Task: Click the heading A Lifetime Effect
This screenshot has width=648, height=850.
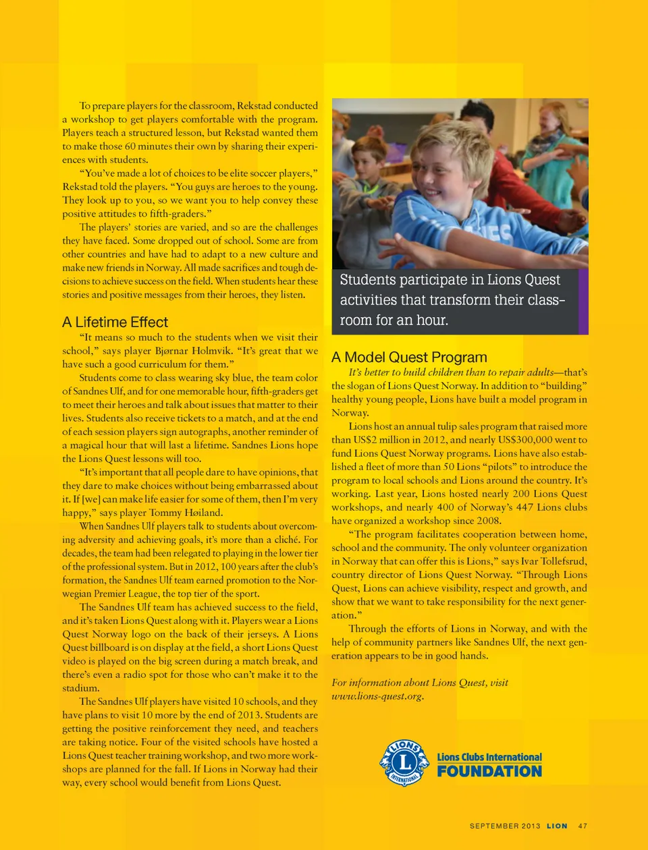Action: [x=115, y=322]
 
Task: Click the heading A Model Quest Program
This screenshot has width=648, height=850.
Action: [x=409, y=357]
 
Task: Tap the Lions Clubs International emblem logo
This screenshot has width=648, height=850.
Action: [x=404, y=763]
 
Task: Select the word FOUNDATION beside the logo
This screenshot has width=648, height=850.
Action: [x=489, y=771]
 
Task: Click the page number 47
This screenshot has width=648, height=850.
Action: [x=583, y=826]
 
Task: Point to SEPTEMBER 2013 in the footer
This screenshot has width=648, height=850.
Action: [x=505, y=826]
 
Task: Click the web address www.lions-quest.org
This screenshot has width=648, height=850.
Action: [x=377, y=696]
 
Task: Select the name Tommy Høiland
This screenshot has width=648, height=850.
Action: [x=185, y=513]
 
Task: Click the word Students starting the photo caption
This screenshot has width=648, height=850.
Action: [x=368, y=280]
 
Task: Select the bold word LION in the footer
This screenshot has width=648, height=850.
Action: [x=557, y=826]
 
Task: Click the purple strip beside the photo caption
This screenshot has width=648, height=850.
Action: [x=583, y=300]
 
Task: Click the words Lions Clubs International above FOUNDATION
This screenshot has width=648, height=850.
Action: [x=489, y=757]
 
